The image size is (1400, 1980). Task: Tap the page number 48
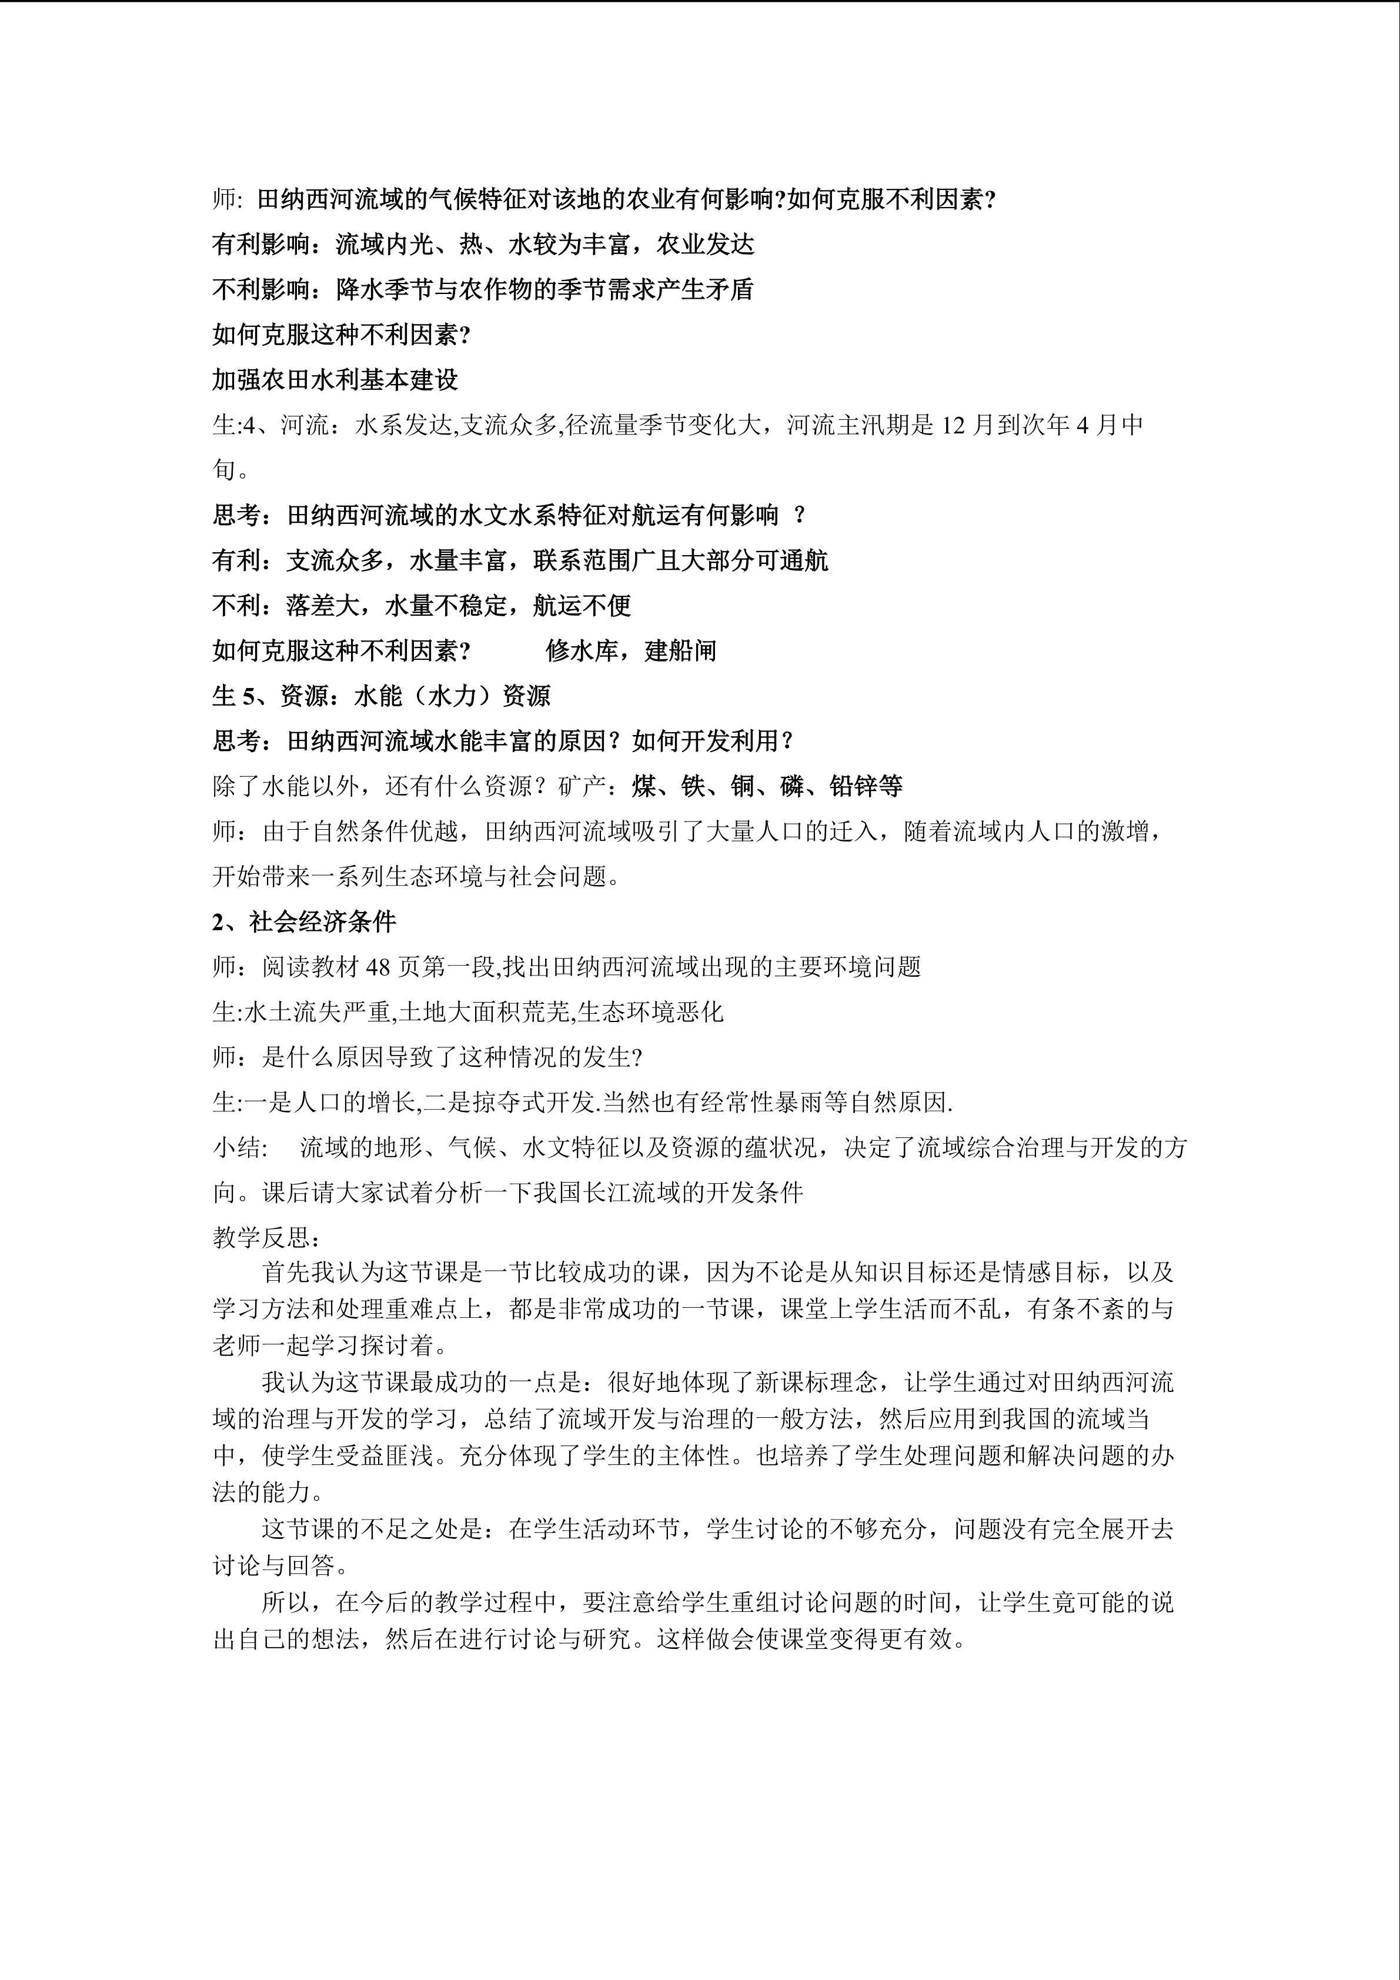(x=379, y=967)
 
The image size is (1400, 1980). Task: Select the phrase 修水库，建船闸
(x=631, y=650)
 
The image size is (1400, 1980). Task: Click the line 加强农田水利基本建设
(x=335, y=379)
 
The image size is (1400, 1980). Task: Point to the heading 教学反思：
(x=268, y=1237)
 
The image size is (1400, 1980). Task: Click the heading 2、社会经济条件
(x=305, y=922)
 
